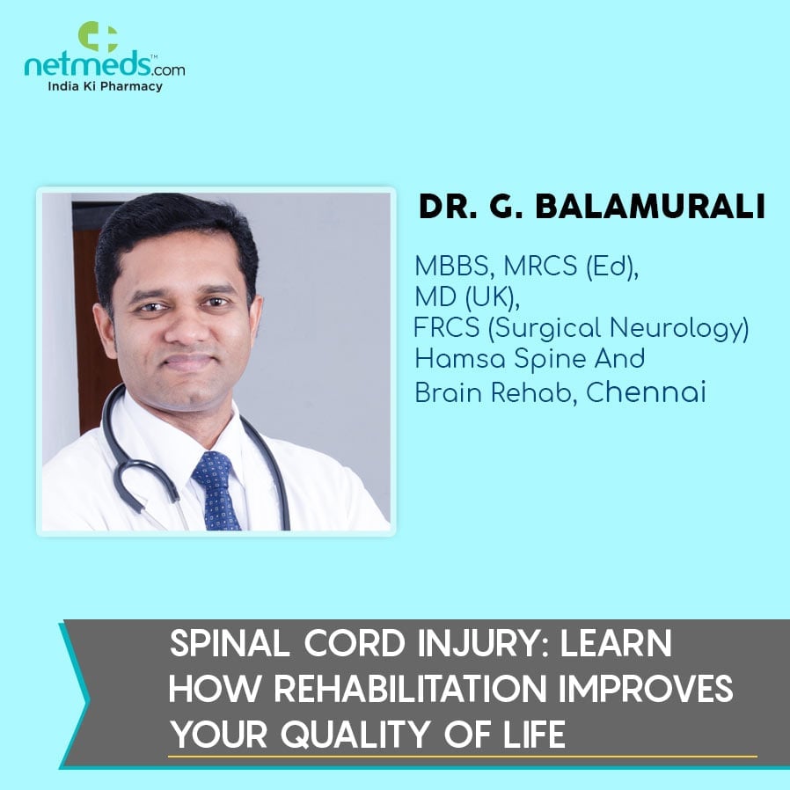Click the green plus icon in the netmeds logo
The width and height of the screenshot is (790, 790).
tap(98, 37)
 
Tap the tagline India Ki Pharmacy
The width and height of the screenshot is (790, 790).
tap(105, 86)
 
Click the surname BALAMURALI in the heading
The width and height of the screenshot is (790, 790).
tap(650, 207)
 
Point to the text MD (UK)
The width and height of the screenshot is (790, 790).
tap(466, 297)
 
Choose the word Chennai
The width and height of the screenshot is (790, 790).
tap(646, 392)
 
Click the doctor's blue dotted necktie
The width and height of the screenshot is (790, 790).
tap(216, 490)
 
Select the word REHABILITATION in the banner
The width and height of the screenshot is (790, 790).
tap(410, 688)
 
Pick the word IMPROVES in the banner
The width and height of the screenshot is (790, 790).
tap(646, 688)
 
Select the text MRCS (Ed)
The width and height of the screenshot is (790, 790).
tap(571, 266)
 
